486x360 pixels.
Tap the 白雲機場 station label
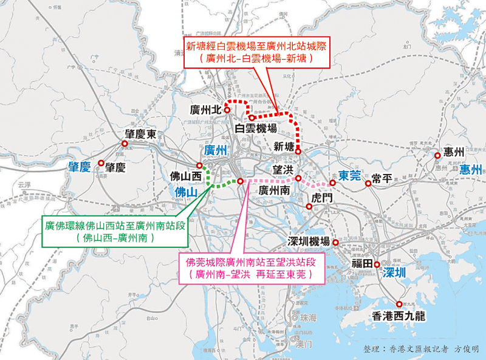point(256,128)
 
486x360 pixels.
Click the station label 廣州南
point(273,191)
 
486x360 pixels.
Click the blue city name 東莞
point(350,176)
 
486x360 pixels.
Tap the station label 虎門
point(322,198)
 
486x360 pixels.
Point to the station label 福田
point(362,264)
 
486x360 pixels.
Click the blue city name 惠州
point(470,169)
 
